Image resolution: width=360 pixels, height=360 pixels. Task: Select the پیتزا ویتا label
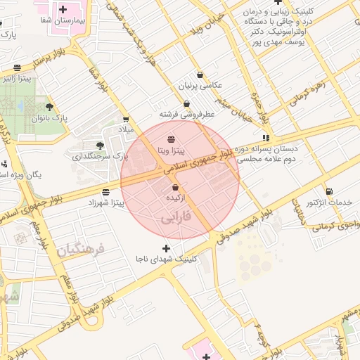click(171, 150)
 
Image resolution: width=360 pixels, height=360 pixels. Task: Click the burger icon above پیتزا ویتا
click(172, 139)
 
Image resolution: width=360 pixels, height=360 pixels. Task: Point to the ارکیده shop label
click(175, 199)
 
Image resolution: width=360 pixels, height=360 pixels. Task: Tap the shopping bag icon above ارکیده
click(175, 188)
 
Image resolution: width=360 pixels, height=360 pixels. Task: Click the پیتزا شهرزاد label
click(105, 202)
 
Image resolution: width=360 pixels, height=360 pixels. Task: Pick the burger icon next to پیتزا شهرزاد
click(105, 191)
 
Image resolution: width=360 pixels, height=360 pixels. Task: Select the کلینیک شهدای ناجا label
click(166, 259)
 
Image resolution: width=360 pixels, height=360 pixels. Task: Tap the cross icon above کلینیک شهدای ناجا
click(166, 247)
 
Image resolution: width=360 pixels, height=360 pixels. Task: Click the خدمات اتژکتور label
click(329, 202)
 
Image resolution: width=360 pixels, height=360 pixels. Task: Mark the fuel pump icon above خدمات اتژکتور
click(329, 191)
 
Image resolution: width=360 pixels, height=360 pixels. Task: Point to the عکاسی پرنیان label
click(202, 86)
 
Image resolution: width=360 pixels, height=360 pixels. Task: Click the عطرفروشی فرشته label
click(186, 113)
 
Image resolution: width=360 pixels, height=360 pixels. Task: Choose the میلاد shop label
click(125, 130)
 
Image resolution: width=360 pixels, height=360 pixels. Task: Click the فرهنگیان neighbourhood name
click(80, 250)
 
